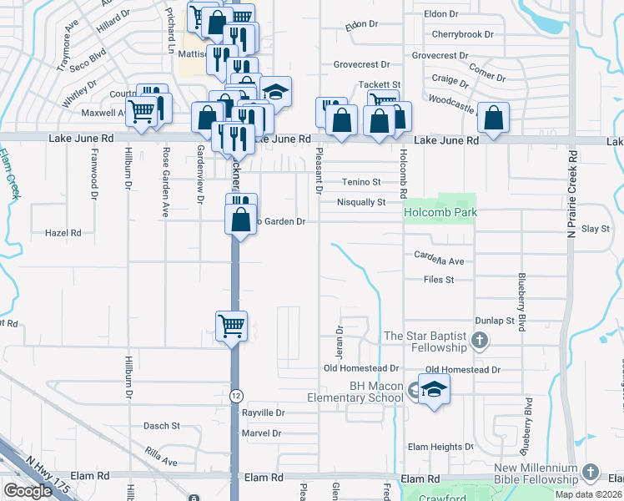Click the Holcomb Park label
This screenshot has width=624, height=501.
pyautogui.click(x=440, y=213)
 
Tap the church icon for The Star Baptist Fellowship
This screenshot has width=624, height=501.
pyautogui.click(x=479, y=340)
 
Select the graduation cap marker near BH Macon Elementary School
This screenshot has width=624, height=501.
pyautogui.click(x=434, y=391)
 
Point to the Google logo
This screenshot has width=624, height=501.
pyautogui.click(x=28, y=491)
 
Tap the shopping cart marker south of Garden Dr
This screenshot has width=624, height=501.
pyautogui.click(x=231, y=326)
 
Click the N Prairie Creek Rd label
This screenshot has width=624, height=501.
pyautogui.click(x=572, y=193)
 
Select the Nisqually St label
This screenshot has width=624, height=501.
pyautogui.click(x=360, y=202)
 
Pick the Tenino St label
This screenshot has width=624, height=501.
pyautogui.click(x=360, y=182)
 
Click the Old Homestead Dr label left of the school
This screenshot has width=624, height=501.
pyautogui.click(x=362, y=368)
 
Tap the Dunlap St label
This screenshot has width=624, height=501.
pyautogui.click(x=496, y=320)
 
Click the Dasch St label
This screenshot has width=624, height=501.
pyautogui.click(x=163, y=426)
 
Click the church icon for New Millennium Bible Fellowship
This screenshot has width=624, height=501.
pyautogui.click(x=591, y=473)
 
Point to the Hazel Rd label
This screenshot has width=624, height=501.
pyautogui.click(x=63, y=233)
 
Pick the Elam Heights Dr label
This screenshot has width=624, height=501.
pyautogui.click(x=440, y=448)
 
